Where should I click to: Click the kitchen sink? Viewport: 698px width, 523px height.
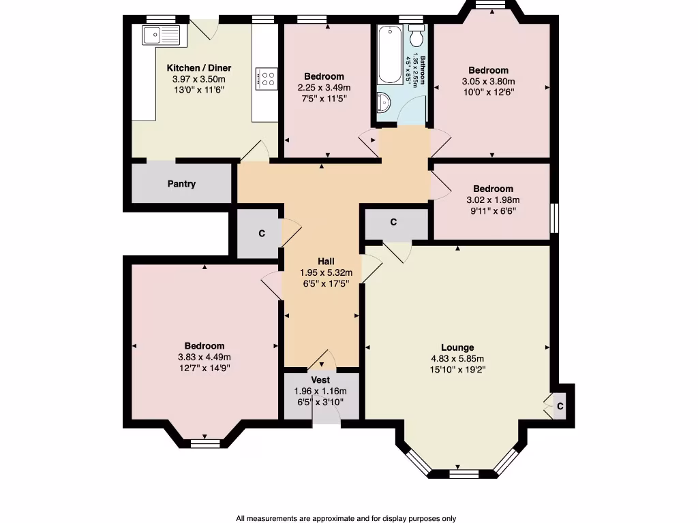pos(161,33)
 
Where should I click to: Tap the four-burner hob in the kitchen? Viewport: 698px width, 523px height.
pos(266,78)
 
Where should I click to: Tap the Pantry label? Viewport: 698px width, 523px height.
pos(181,184)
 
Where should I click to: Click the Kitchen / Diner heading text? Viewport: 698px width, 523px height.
pos(199,68)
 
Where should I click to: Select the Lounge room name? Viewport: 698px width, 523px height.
pos(457,347)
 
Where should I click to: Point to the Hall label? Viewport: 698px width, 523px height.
pos(327,261)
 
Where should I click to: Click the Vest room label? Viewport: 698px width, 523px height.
pos(320,380)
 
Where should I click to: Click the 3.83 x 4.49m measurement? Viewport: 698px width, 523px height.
pos(204,358)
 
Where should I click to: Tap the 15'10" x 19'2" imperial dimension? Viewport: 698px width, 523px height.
pos(457,370)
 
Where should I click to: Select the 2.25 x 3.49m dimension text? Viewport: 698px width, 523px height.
pos(324,87)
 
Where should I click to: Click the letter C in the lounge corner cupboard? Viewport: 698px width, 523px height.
pos(560,407)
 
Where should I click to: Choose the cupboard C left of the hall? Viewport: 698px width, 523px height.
pos(261,234)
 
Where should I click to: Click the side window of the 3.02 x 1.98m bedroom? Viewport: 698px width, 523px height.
pos(554,217)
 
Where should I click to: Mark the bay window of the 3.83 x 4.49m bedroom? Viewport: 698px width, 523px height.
pos(205,443)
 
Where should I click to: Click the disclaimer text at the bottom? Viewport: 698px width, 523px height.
pos(346,518)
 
